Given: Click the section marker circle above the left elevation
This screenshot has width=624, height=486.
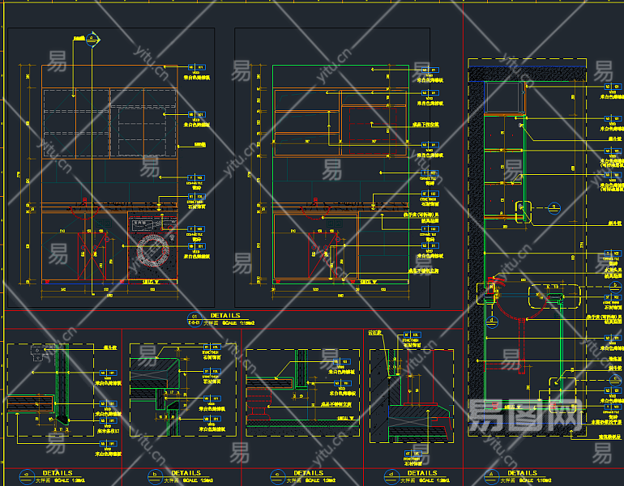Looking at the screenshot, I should [92, 37].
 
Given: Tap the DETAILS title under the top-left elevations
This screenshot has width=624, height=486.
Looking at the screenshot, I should [224, 315].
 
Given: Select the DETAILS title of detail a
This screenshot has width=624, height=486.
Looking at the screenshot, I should [57, 473].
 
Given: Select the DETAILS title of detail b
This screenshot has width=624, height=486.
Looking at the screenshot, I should [186, 473].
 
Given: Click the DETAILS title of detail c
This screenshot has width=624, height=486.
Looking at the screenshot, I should [308, 473].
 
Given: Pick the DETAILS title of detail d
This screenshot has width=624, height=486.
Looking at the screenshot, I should [421, 473].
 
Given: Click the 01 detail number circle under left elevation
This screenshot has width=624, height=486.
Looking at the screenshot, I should [193, 317].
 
